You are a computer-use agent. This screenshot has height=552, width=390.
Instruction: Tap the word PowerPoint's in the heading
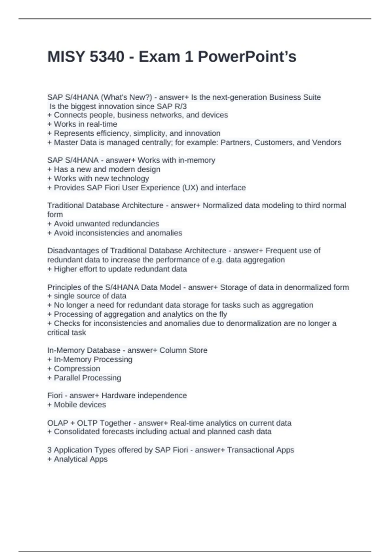[247, 57]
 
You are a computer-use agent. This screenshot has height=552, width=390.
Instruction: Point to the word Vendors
[327, 143]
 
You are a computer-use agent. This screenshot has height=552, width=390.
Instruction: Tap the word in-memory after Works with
[197, 160]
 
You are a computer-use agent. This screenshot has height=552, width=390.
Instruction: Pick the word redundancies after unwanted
[138, 224]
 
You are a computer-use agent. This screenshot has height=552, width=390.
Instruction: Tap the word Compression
[77, 369]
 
